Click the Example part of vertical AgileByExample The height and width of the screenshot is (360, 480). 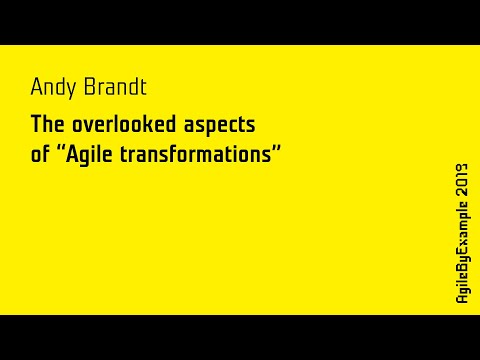(x=461, y=229)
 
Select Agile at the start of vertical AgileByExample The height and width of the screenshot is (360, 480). (x=461, y=289)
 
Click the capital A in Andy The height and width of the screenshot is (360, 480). (x=36, y=87)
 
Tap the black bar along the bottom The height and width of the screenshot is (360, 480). (x=240, y=337)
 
